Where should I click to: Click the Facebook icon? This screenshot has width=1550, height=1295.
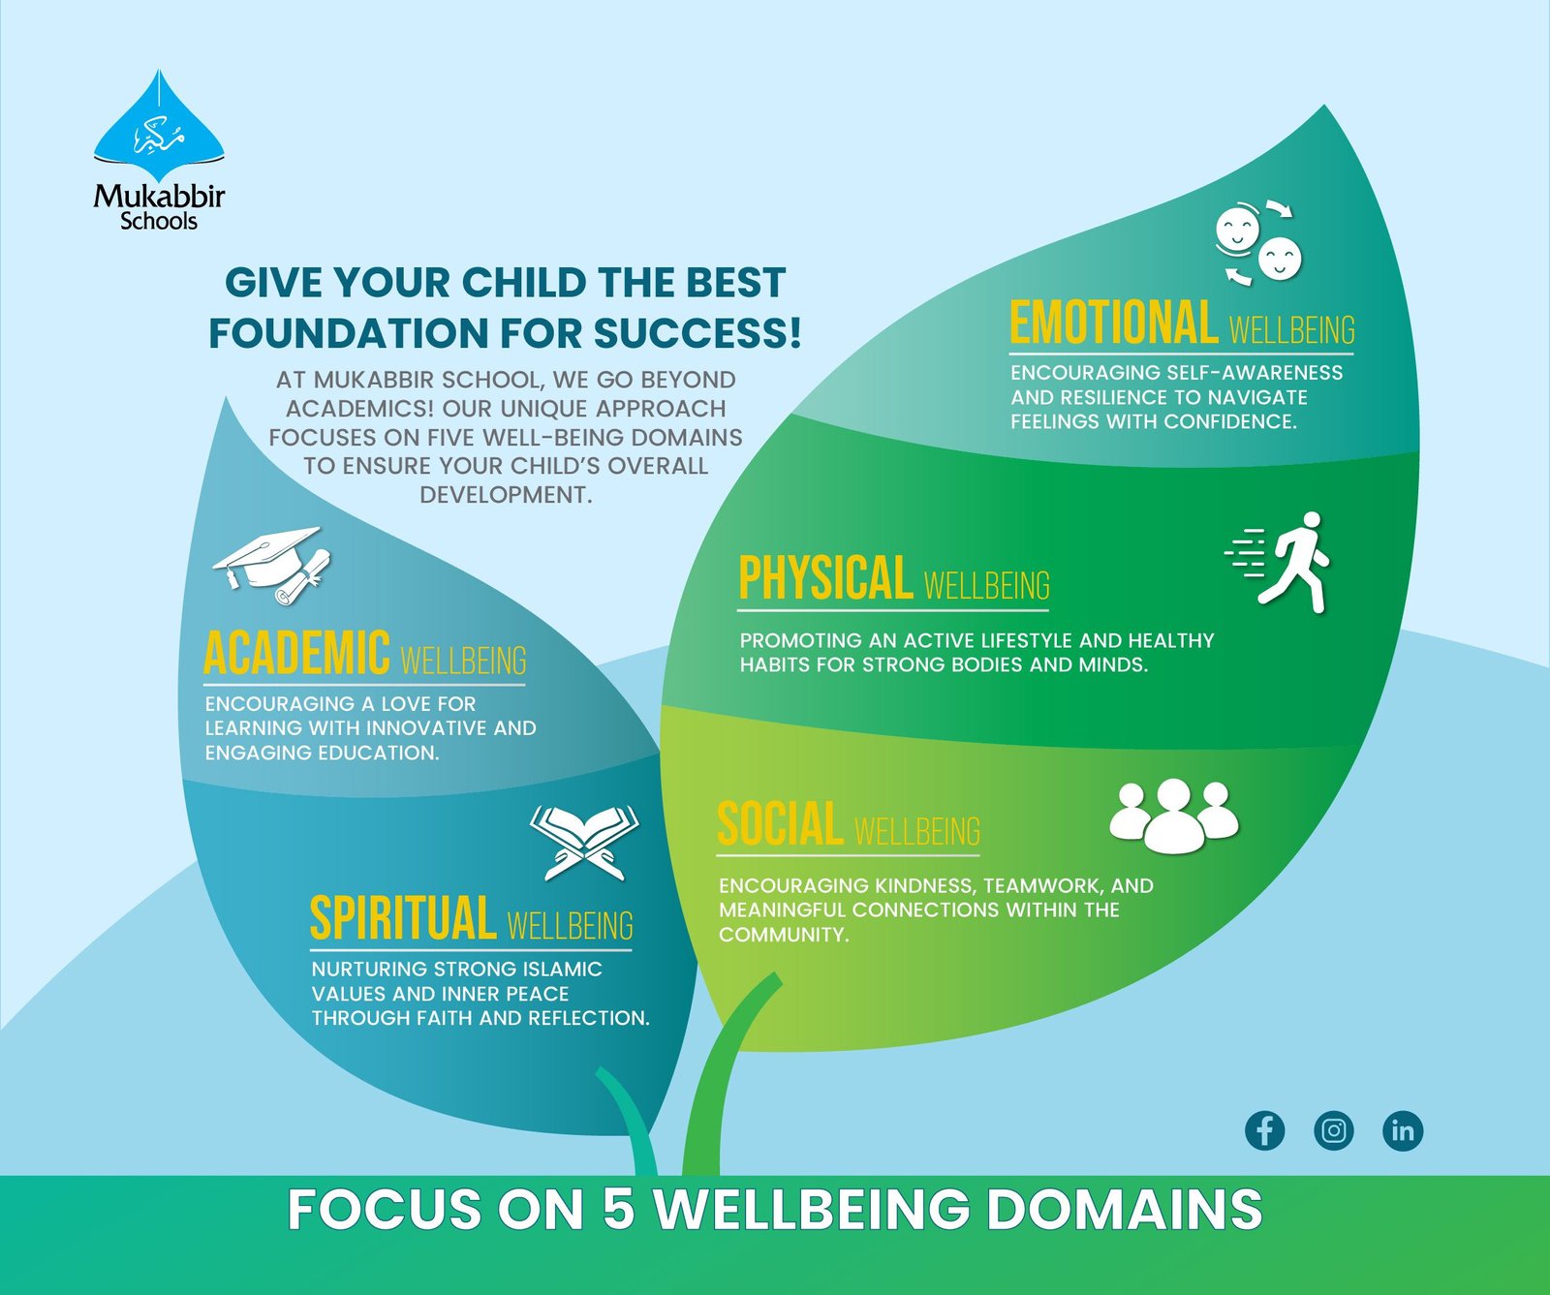pyautogui.click(x=1264, y=1130)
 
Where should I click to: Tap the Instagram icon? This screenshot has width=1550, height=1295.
pyautogui.click(x=1334, y=1130)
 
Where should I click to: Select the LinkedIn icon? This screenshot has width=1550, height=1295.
pyautogui.click(x=1403, y=1130)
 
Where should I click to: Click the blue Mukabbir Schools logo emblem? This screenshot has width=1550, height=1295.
pyautogui.click(x=159, y=121)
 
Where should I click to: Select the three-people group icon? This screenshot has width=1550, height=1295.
pyautogui.click(x=1173, y=816)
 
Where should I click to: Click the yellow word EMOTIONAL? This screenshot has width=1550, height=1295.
pyautogui.click(x=1113, y=323)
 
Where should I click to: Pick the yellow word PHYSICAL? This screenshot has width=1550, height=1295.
pyautogui.click(x=825, y=578)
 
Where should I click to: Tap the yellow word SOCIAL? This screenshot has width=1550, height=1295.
pyautogui.click(x=780, y=824)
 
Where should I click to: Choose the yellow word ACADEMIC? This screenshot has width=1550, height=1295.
pyautogui.click(x=296, y=653)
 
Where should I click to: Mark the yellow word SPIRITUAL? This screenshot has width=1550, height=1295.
pyautogui.click(x=402, y=918)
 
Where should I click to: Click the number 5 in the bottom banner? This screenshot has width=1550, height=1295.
pyautogui.click(x=618, y=1210)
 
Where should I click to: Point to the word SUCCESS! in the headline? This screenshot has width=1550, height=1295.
pyautogui.click(x=697, y=332)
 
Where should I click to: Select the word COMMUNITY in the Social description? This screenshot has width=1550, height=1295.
pyautogui.click(x=783, y=935)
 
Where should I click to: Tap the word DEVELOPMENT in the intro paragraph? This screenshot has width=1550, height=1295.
pyautogui.click(x=505, y=495)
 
